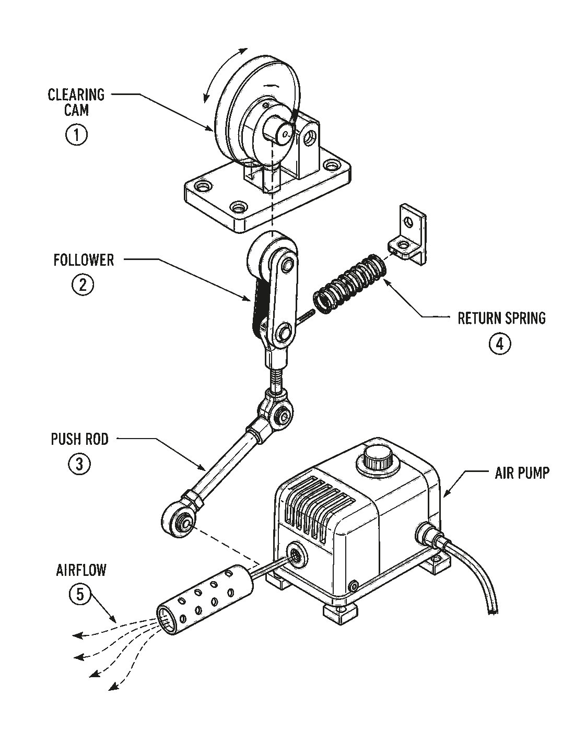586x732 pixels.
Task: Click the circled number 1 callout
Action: click(x=76, y=135)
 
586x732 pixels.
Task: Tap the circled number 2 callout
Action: click(x=83, y=285)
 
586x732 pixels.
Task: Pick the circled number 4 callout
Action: click(x=500, y=344)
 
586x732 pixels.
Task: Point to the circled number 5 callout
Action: click(x=80, y=594)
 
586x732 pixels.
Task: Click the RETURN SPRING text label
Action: click(x=501, y=318)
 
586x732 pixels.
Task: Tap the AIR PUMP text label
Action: click(x=522, y=473)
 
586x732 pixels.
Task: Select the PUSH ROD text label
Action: click(x=79, y=439)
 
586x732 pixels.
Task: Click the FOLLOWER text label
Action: click(x=84, y=260)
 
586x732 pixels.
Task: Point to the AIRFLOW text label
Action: click(x=81, y=571)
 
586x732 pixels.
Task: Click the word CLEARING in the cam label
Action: click(x=76, y=95)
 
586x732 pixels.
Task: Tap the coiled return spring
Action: click(x=350, y=284)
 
